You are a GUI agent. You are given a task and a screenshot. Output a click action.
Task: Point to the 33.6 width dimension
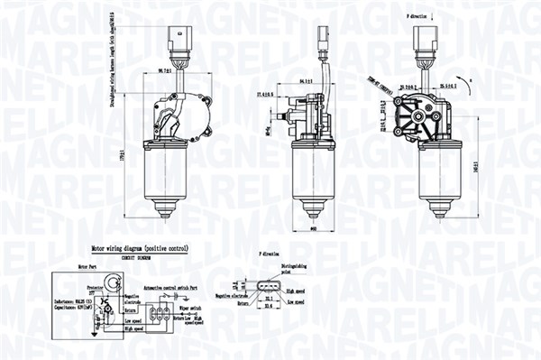point(268,308)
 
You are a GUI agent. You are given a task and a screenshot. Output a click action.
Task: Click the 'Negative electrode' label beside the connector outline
point(231,294)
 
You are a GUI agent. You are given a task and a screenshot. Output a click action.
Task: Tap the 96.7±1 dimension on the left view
point(164,69)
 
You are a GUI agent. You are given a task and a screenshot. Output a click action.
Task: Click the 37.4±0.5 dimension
point(264,94)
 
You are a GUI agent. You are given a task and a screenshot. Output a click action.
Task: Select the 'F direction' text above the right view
point(418,16)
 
